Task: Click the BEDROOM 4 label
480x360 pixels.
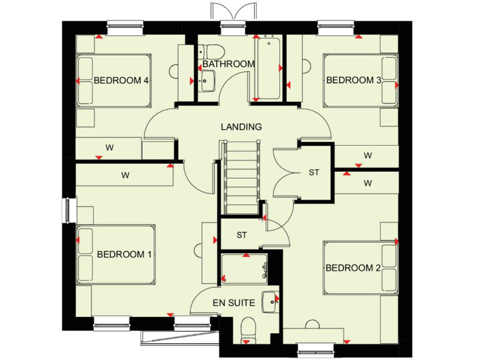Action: coord(121,81)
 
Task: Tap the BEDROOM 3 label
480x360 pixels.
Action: coord(353,80)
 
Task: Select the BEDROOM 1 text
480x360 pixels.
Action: coord(124,254)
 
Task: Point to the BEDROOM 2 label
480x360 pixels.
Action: coord(353,268)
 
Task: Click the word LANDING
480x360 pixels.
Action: coord(241,127)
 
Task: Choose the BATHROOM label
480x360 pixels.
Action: coord(228,64)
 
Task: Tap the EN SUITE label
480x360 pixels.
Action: coord(234,303)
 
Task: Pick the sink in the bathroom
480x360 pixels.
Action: coord(207,79)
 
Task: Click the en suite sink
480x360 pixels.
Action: coord(271,301)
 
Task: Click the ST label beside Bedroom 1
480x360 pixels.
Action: coord(242,235)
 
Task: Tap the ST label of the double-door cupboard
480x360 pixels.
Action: coord(314,172)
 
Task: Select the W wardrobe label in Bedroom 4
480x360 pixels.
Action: coord(109,148)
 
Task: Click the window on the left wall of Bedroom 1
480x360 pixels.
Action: coord(67,209)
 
